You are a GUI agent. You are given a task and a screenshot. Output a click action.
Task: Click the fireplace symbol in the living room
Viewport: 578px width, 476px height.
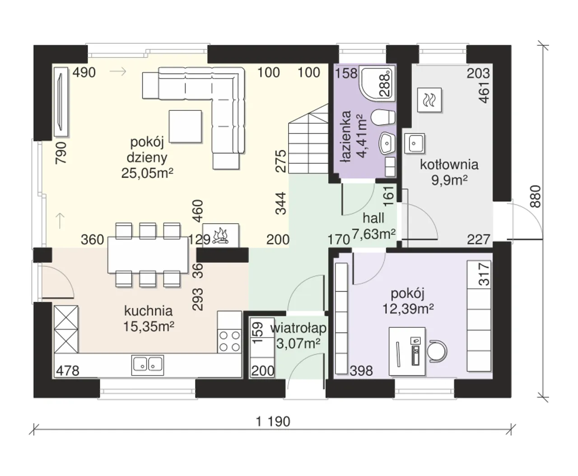[x=221, y=235]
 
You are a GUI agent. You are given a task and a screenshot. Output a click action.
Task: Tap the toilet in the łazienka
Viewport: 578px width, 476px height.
[x=383, y=118]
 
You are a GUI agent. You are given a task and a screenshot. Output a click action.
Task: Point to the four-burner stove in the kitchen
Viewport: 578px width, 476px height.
[x=229, y=341]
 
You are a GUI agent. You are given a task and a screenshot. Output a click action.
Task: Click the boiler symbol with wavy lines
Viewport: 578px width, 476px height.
[x=429, y=100]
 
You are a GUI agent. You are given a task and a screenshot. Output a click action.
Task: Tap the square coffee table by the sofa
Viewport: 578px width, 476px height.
[x=186, y=126]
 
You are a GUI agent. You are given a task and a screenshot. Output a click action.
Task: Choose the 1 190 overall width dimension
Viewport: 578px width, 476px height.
[x=273, y=421]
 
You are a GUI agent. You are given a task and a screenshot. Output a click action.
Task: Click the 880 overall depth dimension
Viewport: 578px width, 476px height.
[x=536, y=197]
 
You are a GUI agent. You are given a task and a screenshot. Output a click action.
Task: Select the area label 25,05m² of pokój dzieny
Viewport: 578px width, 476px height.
[x=147, y=174]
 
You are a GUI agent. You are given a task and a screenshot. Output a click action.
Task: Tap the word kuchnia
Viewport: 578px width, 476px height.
[x=149, y=311]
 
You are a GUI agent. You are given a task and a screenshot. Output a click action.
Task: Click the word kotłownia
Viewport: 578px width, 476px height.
[x=449, y=165]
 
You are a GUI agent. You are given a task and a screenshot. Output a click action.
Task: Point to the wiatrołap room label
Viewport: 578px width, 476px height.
[x=298, y=329]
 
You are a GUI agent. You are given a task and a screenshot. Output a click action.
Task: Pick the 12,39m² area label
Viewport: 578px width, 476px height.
[x=408, y=309]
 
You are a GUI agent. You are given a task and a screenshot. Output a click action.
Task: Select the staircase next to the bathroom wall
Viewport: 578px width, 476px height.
[x=308, y=138]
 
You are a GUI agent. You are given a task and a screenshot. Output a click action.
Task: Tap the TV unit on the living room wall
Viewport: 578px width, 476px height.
[x=61, y=102]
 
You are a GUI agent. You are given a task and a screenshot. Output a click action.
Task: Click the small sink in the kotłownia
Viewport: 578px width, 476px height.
[x=415, y=143]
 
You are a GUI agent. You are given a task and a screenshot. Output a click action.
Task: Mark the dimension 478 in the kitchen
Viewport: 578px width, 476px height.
[x=68, y=371]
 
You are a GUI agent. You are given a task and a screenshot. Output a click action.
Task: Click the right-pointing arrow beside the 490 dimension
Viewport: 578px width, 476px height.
[x=118, y=72]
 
